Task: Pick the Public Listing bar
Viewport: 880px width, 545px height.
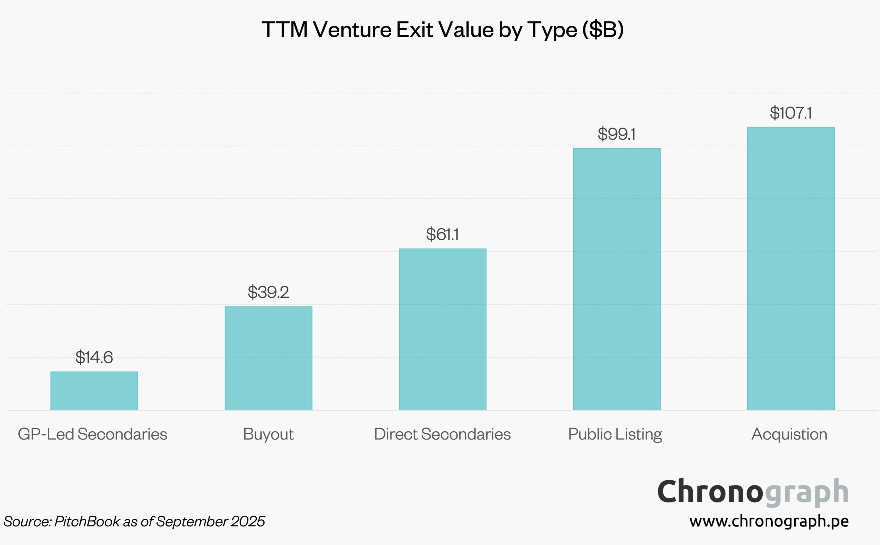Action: coord(617,279)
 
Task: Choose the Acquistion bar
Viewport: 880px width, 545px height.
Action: coord(791,268)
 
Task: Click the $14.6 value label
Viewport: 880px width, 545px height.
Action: coord(94,357)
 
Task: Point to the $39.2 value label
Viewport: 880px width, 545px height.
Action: coord(268,292)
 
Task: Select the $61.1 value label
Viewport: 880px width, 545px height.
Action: coord(442,234)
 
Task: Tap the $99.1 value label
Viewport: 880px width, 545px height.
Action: coord(617,134)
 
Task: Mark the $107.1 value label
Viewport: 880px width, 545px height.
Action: coord(791,113)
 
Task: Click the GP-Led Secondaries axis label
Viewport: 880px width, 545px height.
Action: coord(93,434)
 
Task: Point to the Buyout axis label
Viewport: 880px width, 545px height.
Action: coord(268,434)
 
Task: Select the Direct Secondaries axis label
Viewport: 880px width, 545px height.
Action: coord(442,434)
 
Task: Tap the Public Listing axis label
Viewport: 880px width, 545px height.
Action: coord(615,434)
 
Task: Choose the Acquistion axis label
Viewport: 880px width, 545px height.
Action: coord(789,434)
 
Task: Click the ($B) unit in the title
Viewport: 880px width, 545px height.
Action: coord(603,29)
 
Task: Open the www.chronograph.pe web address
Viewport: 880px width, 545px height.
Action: coord(769,521)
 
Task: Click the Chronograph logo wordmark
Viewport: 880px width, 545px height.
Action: coord(753,492)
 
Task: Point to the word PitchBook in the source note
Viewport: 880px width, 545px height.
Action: coord(87,521)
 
